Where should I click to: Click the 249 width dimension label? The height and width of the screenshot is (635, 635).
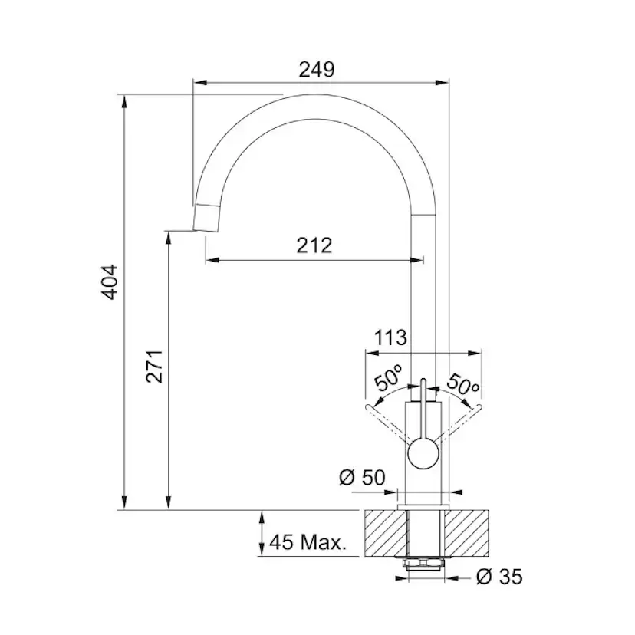click(x=317, y=70)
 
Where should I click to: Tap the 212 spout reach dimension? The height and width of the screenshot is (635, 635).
click(x=314, y=245)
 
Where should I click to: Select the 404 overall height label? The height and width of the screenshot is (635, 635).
click(x=110, y=282)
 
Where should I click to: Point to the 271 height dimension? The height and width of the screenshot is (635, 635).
click(x=155, y=367)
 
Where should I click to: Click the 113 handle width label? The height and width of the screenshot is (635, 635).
click(x=390, y=337)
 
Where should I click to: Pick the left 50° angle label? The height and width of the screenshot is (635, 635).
click(x=388, y=377)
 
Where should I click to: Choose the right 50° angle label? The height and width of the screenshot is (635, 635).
click(x=463, y=385)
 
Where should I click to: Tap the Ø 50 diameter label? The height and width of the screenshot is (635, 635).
click(x=362, y=478)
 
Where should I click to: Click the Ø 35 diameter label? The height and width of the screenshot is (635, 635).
click(x=499, y=577)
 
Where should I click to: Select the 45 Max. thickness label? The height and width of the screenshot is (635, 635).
click(x=308, y=542)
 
